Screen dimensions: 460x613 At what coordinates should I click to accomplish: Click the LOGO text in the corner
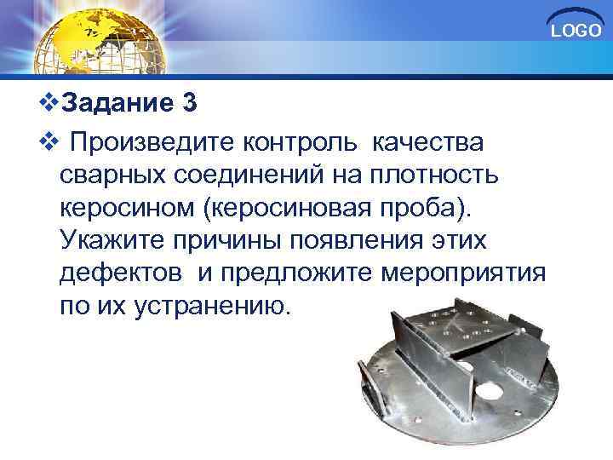[576, 32]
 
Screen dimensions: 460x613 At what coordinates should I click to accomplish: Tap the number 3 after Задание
[189, 104]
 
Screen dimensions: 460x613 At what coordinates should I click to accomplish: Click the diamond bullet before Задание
[50, 105]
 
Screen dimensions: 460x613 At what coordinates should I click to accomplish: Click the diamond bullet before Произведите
[50, 140]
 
